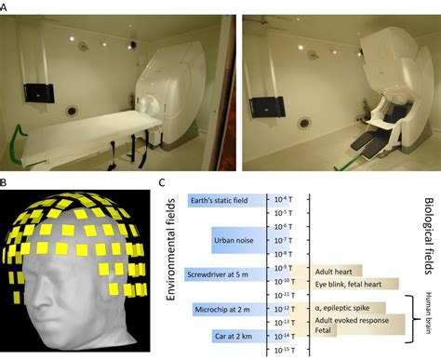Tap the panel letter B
click(x=6, y=182)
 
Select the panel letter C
click(x=164, y=182)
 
